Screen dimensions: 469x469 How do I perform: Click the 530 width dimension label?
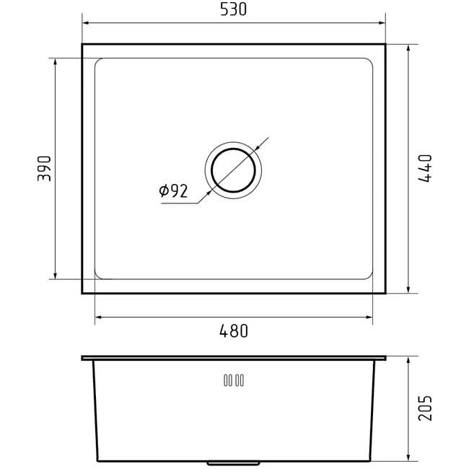(233, 9)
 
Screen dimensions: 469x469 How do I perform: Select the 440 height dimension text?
(425, 168)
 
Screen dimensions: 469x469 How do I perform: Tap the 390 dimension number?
(44, 168)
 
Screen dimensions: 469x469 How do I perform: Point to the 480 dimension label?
(234, 331)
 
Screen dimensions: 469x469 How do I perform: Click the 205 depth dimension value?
(425, 408)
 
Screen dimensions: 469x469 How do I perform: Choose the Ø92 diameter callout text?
(173, 190)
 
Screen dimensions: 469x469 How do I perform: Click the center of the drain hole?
(233, 170)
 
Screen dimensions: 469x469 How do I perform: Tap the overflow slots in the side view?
(234, 380)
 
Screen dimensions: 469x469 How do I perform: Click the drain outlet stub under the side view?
(233, 463)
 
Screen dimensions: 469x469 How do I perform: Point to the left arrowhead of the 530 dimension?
(86, 23)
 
